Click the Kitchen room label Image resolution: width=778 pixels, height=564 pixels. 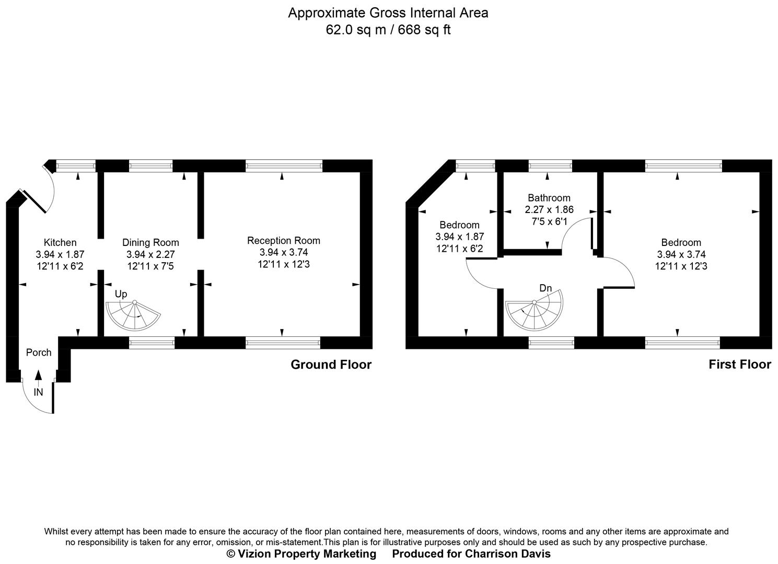coord(60,242)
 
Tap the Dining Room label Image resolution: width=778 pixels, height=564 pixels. coord(150,242)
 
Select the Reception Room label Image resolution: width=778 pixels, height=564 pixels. coord(283,240)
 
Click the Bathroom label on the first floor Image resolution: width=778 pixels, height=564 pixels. coord(549,198)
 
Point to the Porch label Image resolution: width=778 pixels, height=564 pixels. coord(39,352)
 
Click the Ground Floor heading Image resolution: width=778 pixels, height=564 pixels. coord(331,365)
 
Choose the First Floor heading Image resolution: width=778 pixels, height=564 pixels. coord(739,365)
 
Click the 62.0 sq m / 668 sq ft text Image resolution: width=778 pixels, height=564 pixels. coord(388,30)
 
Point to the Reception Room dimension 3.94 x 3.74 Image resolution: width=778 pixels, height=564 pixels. coord(283,252)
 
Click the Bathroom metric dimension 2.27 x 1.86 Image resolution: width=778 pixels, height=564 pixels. coord(549,210)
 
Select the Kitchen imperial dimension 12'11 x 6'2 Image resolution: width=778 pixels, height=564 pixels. coord(60,266)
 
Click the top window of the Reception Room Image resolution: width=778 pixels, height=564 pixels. coord(284,166)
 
